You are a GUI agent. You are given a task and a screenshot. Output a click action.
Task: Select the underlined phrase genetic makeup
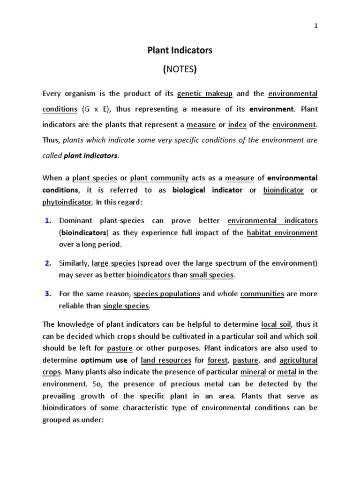click(x=205, y=94)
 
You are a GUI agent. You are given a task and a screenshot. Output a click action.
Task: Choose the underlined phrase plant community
click(x=159, y=178)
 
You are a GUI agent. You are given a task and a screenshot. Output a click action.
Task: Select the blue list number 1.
click(x=48, y=220)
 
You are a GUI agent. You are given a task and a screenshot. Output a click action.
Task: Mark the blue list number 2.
click(x=48, y=263)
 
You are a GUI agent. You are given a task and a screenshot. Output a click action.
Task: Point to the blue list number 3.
click(x=48, y=294)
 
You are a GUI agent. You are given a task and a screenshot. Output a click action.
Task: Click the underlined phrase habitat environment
click(x=282, y=232)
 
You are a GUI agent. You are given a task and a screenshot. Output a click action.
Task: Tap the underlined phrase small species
click(x=211, y=275)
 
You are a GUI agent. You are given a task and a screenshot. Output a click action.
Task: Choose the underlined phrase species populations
click(x=167, y=294)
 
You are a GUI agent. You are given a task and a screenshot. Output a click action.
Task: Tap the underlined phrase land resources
click(x=166, y=360)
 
